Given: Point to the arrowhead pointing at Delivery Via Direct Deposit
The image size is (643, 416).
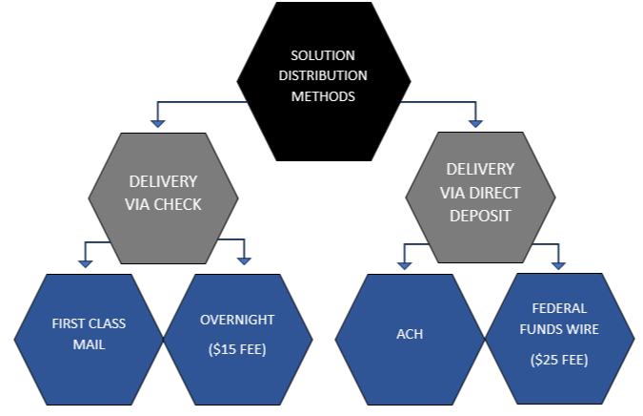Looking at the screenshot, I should pos(474,121).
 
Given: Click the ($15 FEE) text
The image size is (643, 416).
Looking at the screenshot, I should pos(238,349).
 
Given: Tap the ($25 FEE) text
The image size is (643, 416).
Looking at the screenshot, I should pos(560,361).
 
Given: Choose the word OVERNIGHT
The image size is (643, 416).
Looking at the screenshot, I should pos(238,320).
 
